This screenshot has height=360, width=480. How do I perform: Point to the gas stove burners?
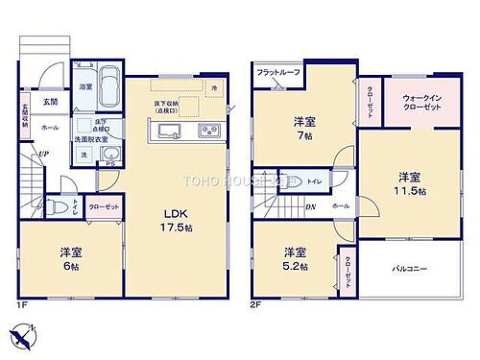(x=206, y=132)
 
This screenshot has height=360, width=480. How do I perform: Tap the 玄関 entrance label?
(x=49, y=101)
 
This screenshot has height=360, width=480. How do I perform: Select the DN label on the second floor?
(x=310, y=205)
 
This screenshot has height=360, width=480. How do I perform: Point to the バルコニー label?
(x=413, y=271)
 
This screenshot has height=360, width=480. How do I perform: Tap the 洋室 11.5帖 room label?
(x=410, y=183)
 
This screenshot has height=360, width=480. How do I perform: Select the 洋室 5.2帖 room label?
(x=294, y=258)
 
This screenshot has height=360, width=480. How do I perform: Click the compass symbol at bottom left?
(x=23, y=336)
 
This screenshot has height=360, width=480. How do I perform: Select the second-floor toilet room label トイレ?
(x=315, y=180)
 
